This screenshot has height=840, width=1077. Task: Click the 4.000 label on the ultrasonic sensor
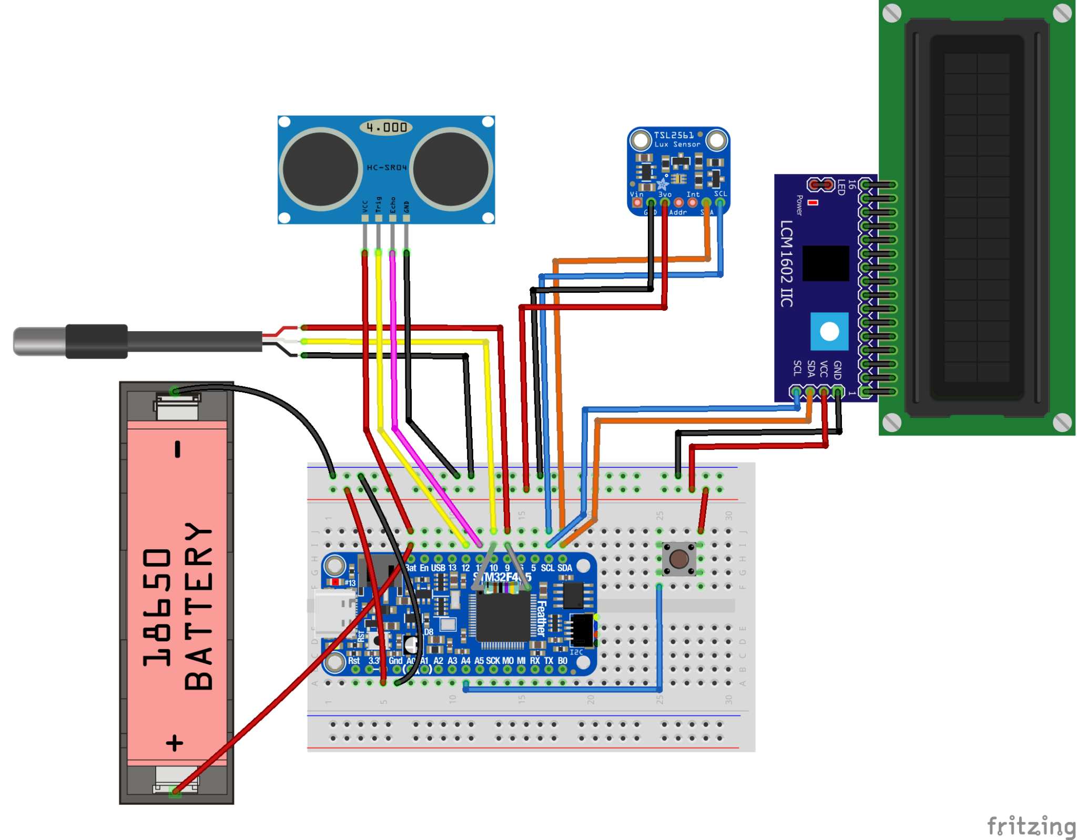[386, 127]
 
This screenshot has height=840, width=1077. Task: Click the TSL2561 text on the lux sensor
[673, 135]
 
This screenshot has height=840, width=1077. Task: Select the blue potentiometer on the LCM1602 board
[829, 331]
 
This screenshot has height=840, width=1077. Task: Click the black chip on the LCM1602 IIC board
[825, 263]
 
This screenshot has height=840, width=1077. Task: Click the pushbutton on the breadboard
[678, 559]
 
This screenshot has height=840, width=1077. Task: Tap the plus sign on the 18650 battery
[175, 743]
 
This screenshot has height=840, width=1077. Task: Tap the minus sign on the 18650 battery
[178, 449]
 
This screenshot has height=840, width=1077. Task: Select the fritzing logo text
[1031, 826]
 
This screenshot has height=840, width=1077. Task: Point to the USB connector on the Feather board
[334, 612]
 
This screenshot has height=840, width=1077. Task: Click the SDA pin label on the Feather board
[564, 568]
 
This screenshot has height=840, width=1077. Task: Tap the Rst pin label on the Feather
[353, 661]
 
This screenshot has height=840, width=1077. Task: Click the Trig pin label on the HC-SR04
[379, 204]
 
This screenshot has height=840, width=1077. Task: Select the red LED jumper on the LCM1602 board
[821, 185]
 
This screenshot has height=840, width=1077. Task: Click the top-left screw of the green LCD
[891, 13]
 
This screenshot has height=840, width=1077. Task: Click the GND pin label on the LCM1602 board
[838, 370]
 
